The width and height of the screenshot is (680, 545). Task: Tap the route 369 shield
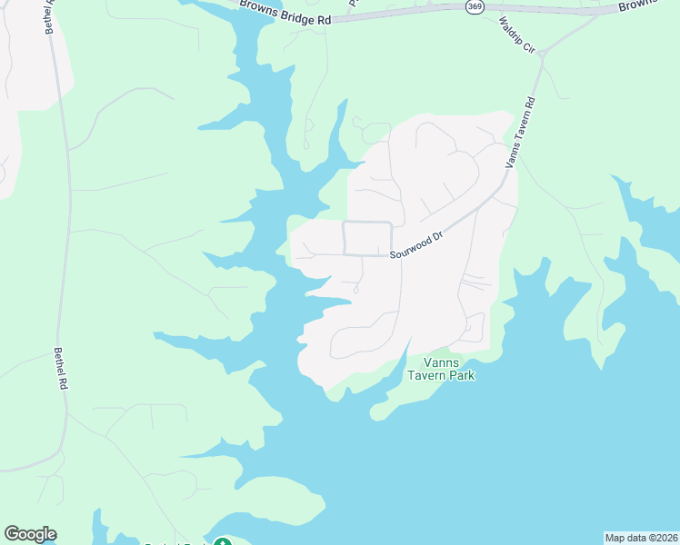point(475,6)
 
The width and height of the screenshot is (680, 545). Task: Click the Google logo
point(30,534)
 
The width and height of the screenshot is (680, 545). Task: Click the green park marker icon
point(222,543)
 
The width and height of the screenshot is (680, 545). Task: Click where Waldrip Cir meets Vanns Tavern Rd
point(541,54)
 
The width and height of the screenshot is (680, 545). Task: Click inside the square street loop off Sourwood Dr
point(367,238)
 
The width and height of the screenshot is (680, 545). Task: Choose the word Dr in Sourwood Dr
point(436,236)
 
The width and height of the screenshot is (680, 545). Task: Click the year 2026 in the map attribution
point(663,537)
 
